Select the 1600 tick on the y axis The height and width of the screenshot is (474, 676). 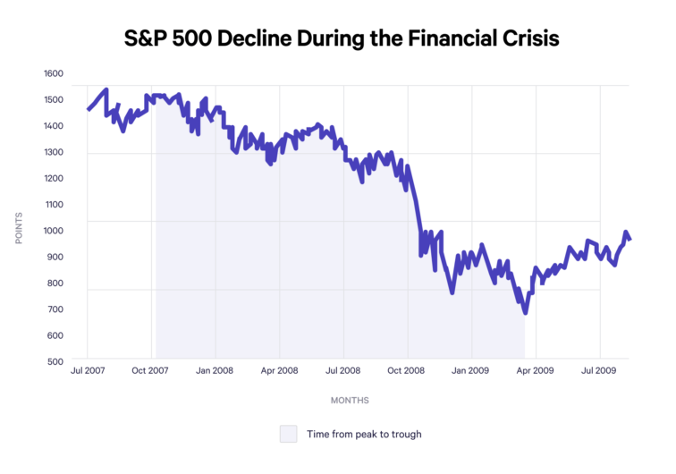tap(55, 73)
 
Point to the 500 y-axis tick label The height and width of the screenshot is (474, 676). tap(57, 361)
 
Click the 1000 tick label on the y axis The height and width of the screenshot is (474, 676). tap(55, 231)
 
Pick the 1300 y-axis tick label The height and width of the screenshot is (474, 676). tap(55, 152)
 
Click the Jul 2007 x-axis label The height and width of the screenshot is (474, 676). tap(88, 370)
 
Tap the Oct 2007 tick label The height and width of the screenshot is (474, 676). tap(151, 370)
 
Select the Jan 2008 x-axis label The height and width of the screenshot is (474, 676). tap(215, 370)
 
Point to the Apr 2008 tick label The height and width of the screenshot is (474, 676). tap(280, 370)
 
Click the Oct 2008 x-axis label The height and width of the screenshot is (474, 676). tap(408, 370)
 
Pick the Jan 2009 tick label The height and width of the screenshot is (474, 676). tap(471, 370)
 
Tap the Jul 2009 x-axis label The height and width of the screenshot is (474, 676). tap(599, 370)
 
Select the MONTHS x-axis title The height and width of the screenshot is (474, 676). tap(349, 400)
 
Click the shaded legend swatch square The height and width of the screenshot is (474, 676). tap(288, 434)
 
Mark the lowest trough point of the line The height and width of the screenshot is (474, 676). tap(525, 312)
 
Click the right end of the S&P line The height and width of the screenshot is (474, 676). tap(630, 239)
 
